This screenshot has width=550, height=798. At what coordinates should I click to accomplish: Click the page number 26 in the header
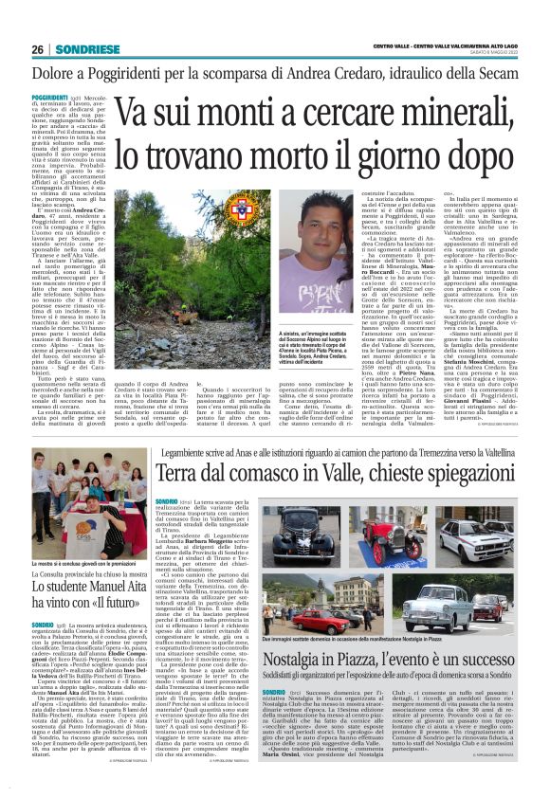[37, 50]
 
